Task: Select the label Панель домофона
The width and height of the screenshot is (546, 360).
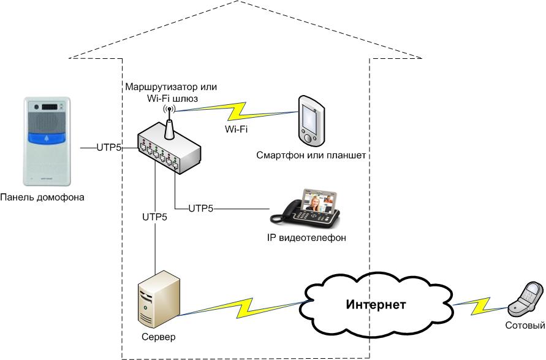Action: (42, 197)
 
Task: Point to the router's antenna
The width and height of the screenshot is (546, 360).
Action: (168, 120)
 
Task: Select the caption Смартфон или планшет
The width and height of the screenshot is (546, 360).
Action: (311, 156)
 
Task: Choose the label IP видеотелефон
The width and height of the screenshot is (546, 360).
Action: (302, 237)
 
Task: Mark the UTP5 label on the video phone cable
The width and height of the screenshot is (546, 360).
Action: (200, 209)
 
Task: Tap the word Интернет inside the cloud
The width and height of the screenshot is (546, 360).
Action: (376, 305)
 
